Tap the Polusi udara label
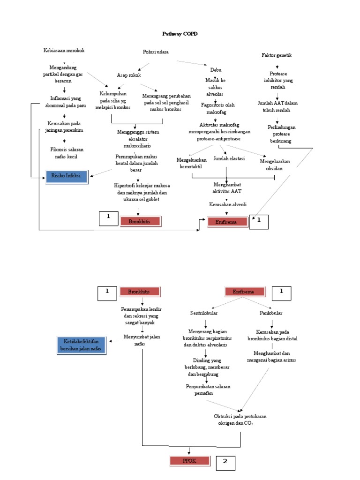click(156, 52)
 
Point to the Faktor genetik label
click(277, 55)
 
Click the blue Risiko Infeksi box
click(67, 177)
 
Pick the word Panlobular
click(271, 313)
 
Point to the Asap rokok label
click(129, 75)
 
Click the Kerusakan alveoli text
click(228, 204)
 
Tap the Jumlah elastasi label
click(229, 159)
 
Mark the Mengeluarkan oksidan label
click(275, 165)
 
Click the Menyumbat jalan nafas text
click(142, 340)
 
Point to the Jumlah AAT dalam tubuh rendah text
click(277, 106)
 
